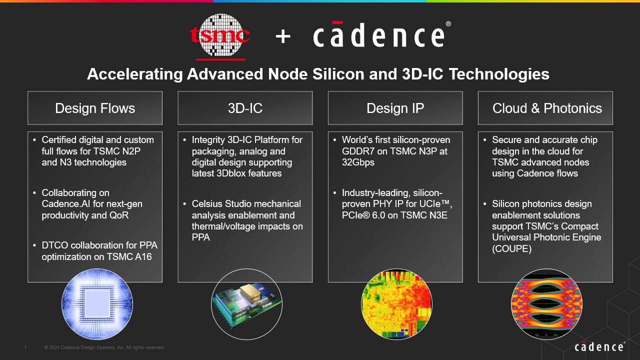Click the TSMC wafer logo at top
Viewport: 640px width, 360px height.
click(220, 35)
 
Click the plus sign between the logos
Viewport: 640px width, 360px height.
click(283, 36)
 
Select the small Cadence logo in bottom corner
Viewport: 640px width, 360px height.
click(599, 346)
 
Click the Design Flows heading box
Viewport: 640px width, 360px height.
click(95, 108)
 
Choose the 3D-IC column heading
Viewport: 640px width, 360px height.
click(245, 108)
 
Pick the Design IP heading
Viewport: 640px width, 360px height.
click(395, 108)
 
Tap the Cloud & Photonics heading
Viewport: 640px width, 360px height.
click(547, 108)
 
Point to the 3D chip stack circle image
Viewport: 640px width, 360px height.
click(246, 303)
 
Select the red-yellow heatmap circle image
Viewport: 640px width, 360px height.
click(396, 303)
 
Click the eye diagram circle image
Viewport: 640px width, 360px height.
click(546, 303)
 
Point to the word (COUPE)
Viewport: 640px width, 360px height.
click(512, 249)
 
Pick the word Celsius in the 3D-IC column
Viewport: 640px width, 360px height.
click(208, 204)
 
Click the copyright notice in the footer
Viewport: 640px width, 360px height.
click(104, 347)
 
